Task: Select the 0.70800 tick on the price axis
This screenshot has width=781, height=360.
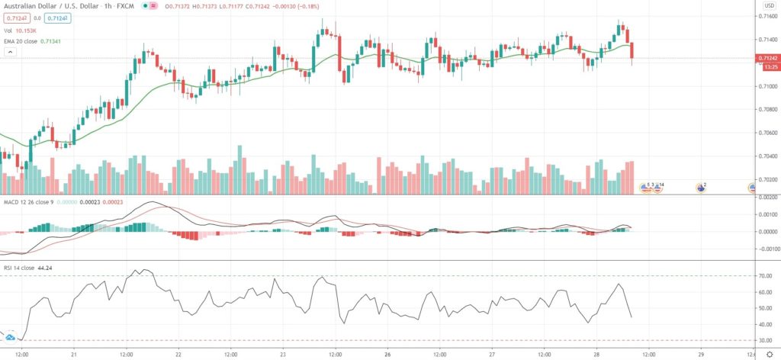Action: coord(767,109)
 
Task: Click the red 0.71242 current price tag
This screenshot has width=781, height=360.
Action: coord(767,58)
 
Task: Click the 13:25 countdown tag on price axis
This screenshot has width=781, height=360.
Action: coord(767,66)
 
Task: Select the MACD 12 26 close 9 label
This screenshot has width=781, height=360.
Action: coord(27,201)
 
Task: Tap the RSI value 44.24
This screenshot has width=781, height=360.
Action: coord(43,268)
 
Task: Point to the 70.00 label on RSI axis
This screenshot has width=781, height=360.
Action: coord(766,276)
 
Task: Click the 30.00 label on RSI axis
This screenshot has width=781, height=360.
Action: coord(766,340)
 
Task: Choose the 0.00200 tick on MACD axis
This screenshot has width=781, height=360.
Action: coord(767,198)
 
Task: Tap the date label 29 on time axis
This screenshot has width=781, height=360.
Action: coord(701,355)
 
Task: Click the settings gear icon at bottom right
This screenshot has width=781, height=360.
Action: coord(769,355)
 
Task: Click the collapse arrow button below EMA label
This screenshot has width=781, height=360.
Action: coord(11,52)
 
